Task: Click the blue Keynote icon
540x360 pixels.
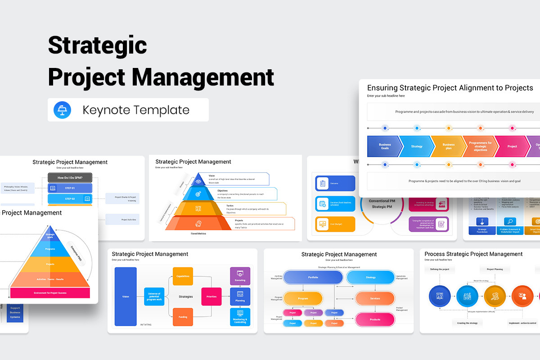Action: (62, 110)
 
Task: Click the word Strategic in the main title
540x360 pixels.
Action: (97, 45)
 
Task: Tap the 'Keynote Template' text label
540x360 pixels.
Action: (136, 110)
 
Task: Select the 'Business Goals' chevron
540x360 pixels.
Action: (383, 146)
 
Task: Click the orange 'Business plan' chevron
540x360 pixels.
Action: (448, 146)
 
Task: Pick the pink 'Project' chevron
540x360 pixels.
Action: (512, 146)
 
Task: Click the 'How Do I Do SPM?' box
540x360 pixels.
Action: (70, 177)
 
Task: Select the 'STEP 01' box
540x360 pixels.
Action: (70, 188)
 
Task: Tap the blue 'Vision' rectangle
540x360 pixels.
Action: (126, 297)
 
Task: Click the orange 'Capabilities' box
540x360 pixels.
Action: (183, 276)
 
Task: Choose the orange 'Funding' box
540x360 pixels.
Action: (183, 317)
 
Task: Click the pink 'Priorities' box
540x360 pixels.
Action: (211, 297)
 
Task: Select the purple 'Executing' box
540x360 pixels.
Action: (240, 276)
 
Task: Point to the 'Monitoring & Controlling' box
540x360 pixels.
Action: (240, 317)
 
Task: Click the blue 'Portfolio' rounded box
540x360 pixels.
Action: (313, 277)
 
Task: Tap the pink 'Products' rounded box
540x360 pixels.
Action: (375, 319)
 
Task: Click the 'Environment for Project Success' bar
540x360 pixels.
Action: (50, 293)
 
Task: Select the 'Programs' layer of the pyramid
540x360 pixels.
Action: (50, 248)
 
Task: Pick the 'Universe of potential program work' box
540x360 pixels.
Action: (154, 297)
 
